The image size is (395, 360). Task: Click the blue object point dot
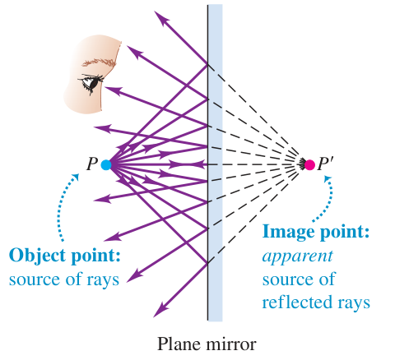(106, 165)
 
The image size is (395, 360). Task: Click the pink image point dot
(309, 165)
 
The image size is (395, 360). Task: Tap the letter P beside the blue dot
(92, 164)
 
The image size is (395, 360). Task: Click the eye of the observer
(91, 82)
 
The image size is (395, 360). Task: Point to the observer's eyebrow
(99, 62)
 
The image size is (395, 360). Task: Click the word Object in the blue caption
(37, 256)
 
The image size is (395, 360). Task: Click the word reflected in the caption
(297, 302)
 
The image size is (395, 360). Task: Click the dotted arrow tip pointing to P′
(328, 179)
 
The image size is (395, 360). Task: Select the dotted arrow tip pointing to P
(76, 177)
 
